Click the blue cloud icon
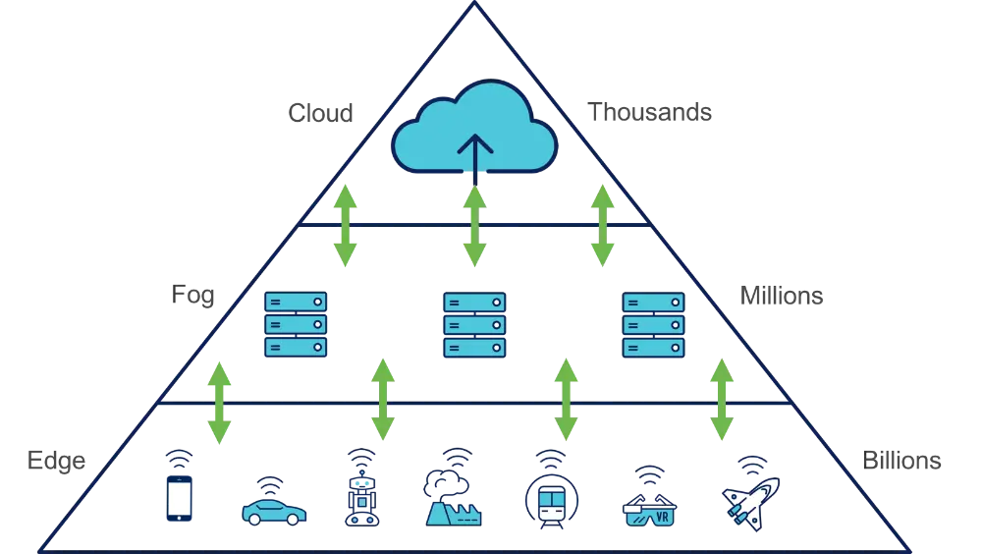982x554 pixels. [x=474, y=138]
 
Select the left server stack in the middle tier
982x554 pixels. [x=296, y=324]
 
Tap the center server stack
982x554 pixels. [x=474, y=324]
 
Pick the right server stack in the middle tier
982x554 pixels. [x=653, y=324]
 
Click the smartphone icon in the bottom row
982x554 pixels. [x=179, y=496]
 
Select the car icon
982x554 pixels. [x=274, y=511]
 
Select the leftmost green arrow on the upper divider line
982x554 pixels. [x=344, y=225]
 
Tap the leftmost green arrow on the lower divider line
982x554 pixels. [x=219, y=403]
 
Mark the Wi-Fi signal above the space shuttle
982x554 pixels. [x=752, y=463]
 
